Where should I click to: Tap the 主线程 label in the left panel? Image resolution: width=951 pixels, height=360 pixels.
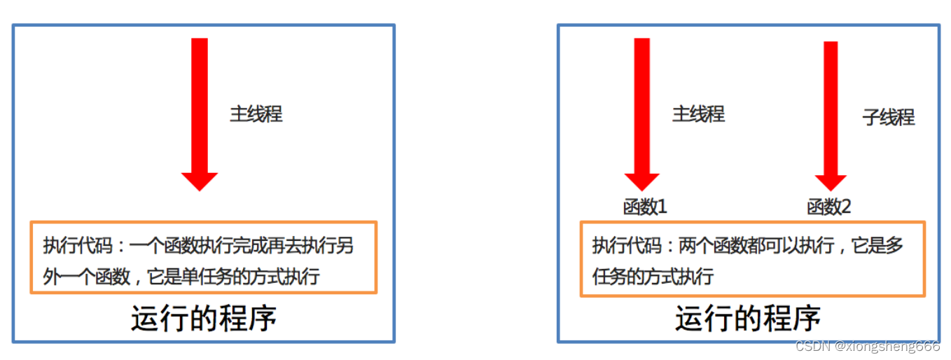click(x=256, y=114)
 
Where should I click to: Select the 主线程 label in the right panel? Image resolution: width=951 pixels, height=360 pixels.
click(x=698, y=113)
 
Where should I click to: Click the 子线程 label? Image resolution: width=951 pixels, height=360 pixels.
click(x=889, y=117)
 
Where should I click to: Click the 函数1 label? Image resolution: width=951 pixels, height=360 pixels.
click(x=645, y=207)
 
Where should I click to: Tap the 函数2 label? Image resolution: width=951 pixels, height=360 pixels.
click(x=829, y=207)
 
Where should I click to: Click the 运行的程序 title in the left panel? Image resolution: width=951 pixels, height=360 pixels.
click(x=204, y=319)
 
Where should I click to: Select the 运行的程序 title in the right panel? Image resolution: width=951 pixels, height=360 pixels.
click(x=748, y=319)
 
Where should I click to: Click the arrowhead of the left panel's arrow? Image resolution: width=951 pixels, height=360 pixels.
click(x=200, y=181)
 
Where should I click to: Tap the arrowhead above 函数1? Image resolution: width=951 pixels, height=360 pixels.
click(x=642, y=182)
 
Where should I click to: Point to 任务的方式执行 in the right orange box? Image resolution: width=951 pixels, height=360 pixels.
click(x=653, y=277)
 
